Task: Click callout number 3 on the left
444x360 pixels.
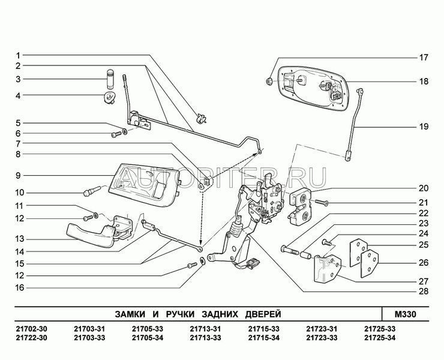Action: pos(18,79)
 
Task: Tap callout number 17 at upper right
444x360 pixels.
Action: pos(424,58)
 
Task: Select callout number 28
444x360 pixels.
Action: pos(424,292)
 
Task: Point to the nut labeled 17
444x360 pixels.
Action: pos(269,82)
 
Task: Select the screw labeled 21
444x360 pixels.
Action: pos(321,203)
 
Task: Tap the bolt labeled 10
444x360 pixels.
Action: pos(92,191)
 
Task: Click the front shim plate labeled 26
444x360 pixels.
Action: pos(369,263)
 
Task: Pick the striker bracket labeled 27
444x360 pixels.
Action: pos(327,269)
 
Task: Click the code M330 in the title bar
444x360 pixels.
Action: pos(405,314)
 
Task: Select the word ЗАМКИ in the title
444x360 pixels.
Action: pos(130,314)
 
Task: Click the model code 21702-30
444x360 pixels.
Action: pos(31,329)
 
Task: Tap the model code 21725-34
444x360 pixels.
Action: pos(380,338)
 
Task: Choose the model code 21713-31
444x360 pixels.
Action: pos(205,329)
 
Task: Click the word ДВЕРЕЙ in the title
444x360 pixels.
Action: pos(263,314)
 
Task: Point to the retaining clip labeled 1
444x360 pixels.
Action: pos(202,118)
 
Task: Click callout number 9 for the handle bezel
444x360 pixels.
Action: pos(18,176)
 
